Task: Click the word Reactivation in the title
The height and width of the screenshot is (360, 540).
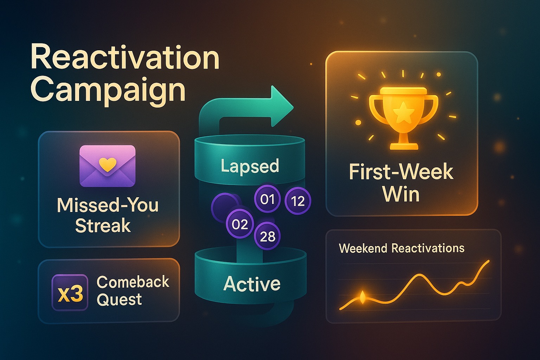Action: pyautogui.click(x=125, y=58)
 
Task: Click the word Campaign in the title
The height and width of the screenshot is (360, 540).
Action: pyautogui.click(x=108, y=90)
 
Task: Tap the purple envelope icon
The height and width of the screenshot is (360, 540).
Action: pyautogui.click(x=108, y=166)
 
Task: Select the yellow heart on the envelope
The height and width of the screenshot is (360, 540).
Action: pyautogui.click(x=108, y=164)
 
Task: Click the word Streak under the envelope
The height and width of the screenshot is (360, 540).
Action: pyautogui.click(x=103, y=225)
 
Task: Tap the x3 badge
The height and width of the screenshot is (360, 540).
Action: pyautogui.click(x=70, y=292)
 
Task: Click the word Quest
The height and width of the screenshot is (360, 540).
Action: pyautogui.click(x=119, y=300)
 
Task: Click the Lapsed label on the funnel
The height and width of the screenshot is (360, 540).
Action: pyautogui.click(x=250, y=166)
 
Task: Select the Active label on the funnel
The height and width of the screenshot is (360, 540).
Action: pyautogui.click(x=252, y=284)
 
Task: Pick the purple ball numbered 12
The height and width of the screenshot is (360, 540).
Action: pyautogui.click(x=298, y=201)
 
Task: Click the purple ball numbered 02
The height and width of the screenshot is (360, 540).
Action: pyautogui.click(x=240, y=224)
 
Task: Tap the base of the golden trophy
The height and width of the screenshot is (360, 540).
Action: pyautogui.click(x=404, y=146)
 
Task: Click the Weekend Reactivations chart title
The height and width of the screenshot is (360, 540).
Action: pyautogui.click(x=401, y=248)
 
